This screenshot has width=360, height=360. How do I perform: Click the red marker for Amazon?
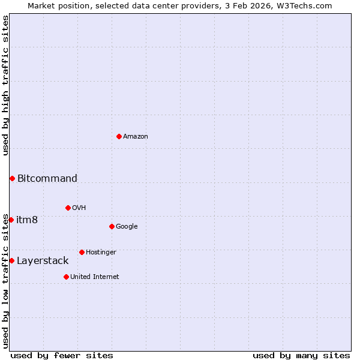pos(119,136)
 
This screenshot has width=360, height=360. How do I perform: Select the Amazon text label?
pos(136,137)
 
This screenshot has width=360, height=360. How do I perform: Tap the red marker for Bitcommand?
pos(12,178)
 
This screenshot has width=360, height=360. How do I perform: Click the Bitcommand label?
pos(47,178)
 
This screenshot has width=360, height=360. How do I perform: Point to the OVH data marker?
pos(68,208)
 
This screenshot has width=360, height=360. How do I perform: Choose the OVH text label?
pos(79,208)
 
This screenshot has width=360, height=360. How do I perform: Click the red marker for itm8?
pos(11,220)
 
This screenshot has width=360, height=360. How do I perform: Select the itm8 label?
pos(27,220)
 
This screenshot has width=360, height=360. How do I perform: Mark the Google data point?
pos(112,226)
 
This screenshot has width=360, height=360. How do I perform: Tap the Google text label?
pos(127,227)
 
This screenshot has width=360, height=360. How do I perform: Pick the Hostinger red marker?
pos(82,252)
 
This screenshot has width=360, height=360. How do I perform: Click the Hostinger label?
pos(101,253)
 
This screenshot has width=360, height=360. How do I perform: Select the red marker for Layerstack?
pos(11,260)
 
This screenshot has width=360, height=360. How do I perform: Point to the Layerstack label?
pos(43,260)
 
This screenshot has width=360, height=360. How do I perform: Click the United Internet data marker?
pos(66,277)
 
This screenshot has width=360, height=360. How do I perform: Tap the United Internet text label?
pos(95,277)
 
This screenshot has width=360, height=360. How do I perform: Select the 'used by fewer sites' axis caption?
pos(62,355)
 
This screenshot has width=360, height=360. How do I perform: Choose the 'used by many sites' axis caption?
pos(301,355)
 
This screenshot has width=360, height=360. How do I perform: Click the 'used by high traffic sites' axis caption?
pos(5,85)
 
